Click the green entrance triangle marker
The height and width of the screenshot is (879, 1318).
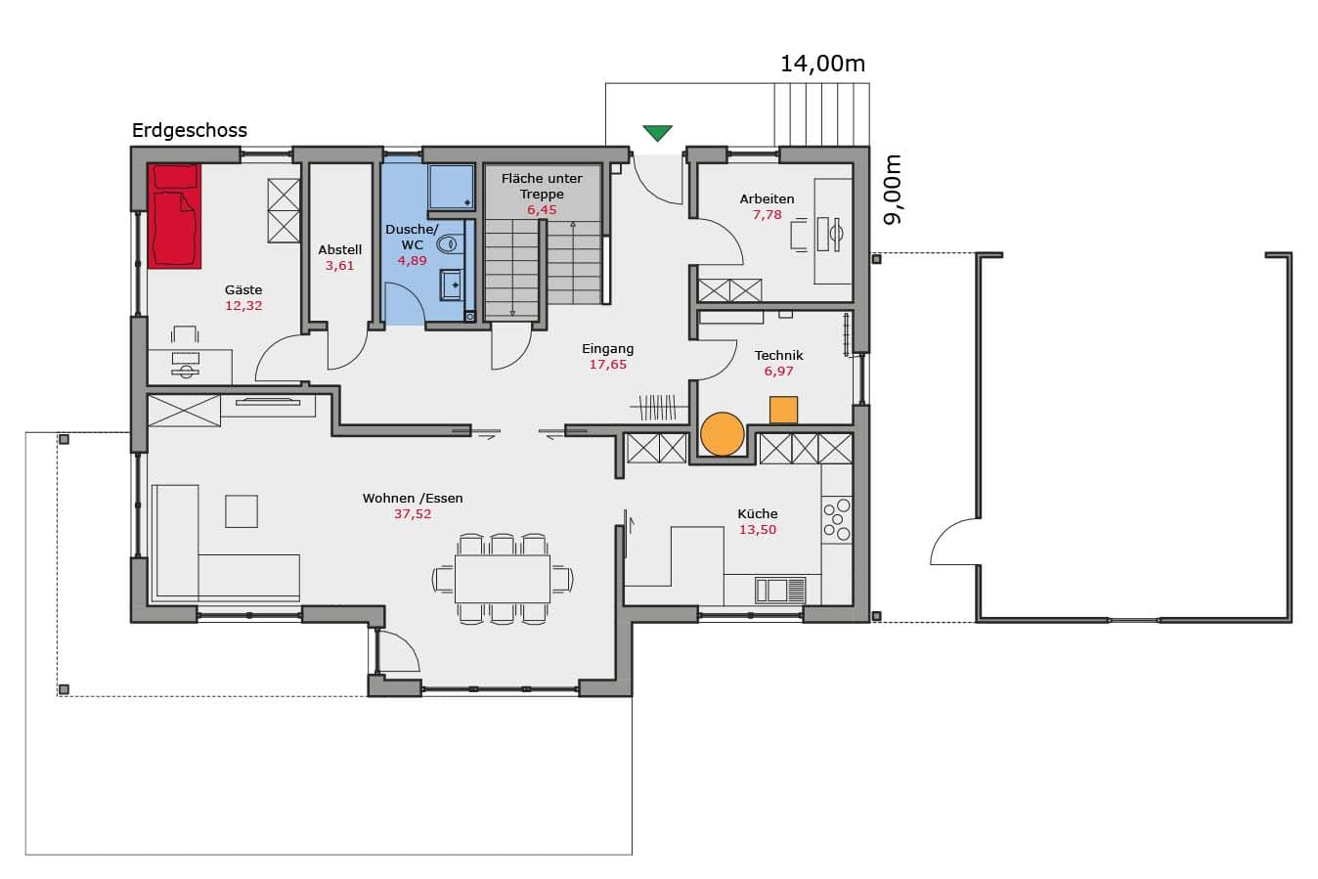[657, 132]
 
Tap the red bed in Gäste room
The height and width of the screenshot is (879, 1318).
[174, 216]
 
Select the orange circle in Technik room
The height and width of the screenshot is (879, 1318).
[723, 434]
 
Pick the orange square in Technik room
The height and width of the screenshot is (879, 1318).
[784, 410]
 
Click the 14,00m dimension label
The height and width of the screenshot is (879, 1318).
[822, 64]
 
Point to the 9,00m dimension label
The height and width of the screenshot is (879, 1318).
[892, 190]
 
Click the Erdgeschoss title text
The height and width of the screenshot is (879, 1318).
[190, 130]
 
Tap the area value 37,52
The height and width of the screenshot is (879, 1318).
[413, 513]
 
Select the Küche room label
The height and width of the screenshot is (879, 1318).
[757, 513]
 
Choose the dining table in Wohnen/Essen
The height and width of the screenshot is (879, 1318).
[503, 579]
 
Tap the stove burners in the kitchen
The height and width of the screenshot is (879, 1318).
[837, 519]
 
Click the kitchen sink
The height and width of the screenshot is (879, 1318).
[780, 591]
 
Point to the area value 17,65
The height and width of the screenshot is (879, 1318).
[608, 364]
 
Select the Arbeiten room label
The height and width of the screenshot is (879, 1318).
[767, 198]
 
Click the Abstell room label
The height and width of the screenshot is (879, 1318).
[339, 249]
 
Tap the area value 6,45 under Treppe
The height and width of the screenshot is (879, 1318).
[542, 210]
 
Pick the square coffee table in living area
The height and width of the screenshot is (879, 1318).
[242, 511]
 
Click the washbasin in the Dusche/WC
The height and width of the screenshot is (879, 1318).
[452, 286]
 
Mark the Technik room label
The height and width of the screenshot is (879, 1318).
[778, 355]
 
